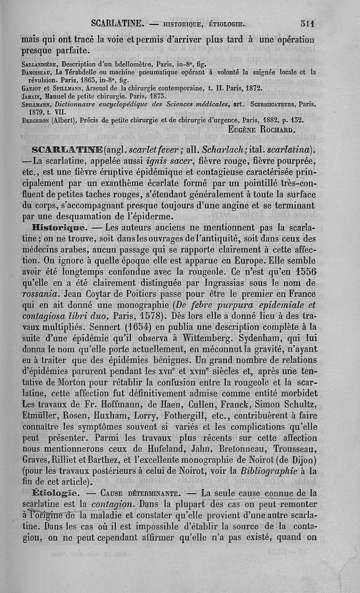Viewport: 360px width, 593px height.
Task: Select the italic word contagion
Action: (111, 503)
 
